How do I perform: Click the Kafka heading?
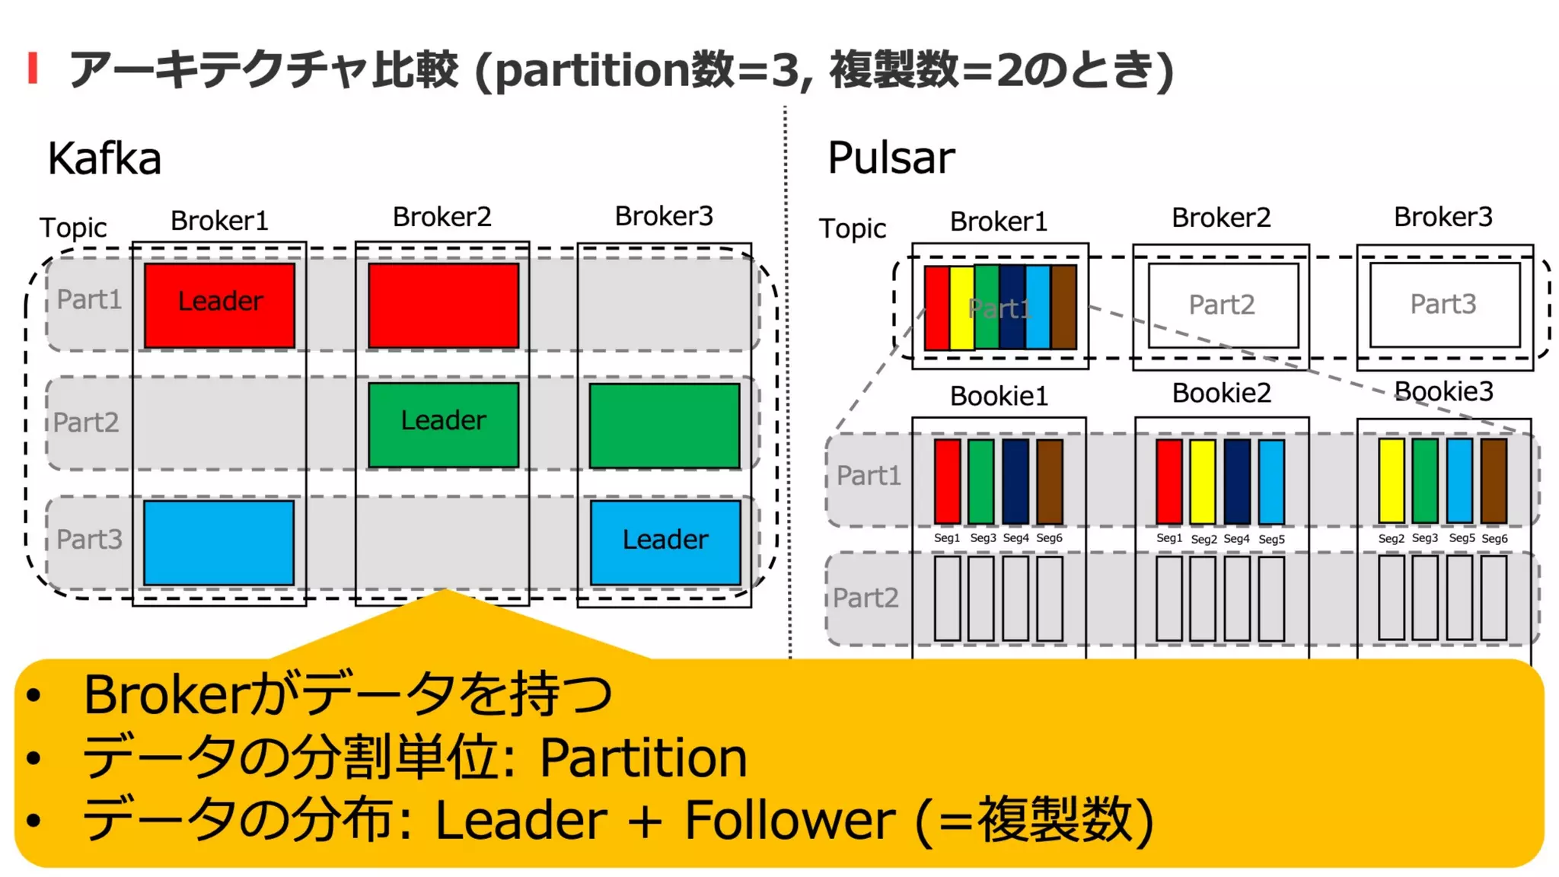(104, 158)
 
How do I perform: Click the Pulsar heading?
(891, 158)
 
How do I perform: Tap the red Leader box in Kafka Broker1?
(220, 305)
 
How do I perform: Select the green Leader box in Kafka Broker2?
(443, 425)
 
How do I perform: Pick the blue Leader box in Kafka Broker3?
(665, 542)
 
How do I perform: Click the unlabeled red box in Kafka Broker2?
(443, 305)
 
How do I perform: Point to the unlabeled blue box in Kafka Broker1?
(219, 542)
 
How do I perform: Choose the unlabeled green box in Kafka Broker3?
(665, 426)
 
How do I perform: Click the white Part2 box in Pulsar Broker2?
(1223, 305)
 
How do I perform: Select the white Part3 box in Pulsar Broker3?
(1444, 304)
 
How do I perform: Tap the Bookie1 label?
(999, 396)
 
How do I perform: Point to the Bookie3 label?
(1443, 391)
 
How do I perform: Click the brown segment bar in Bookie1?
(1050, 481)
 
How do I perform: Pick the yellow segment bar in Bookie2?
(1203, 481)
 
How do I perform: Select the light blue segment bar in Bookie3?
(1459, 480)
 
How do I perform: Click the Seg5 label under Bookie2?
(1271, 539)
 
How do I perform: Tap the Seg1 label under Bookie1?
(947, 537)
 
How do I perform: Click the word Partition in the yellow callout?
(643, 758)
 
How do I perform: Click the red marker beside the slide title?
(33, 68)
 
